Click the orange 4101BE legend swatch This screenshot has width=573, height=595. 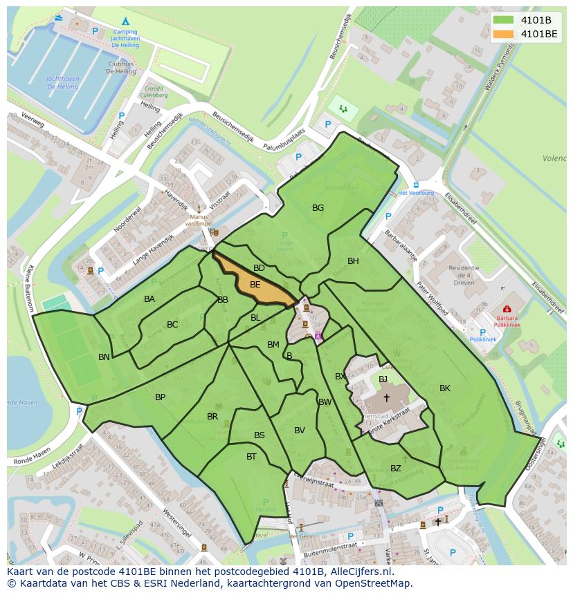tap(504, 34)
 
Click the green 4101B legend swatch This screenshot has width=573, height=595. tap(504, 20)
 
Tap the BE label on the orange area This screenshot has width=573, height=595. tap(255, 285)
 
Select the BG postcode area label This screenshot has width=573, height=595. tap(318, 208)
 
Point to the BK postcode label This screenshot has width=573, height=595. tap(445, 388)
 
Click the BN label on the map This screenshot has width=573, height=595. tap(104, 357)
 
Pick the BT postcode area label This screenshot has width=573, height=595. tap(251, 457)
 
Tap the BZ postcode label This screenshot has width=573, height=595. tap(396, 469)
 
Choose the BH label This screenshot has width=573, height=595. tap(353, 261)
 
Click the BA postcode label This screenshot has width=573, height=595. tap(149, 299)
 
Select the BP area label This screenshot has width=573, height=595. tap(160, 397)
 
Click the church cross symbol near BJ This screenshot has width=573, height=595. tap(386, 398)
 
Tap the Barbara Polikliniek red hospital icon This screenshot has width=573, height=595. tap(507, 310)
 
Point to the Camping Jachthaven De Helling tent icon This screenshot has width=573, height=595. tap(125, 21)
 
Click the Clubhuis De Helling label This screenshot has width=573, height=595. tap(121, 68)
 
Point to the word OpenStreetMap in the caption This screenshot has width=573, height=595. tap(378, 584)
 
